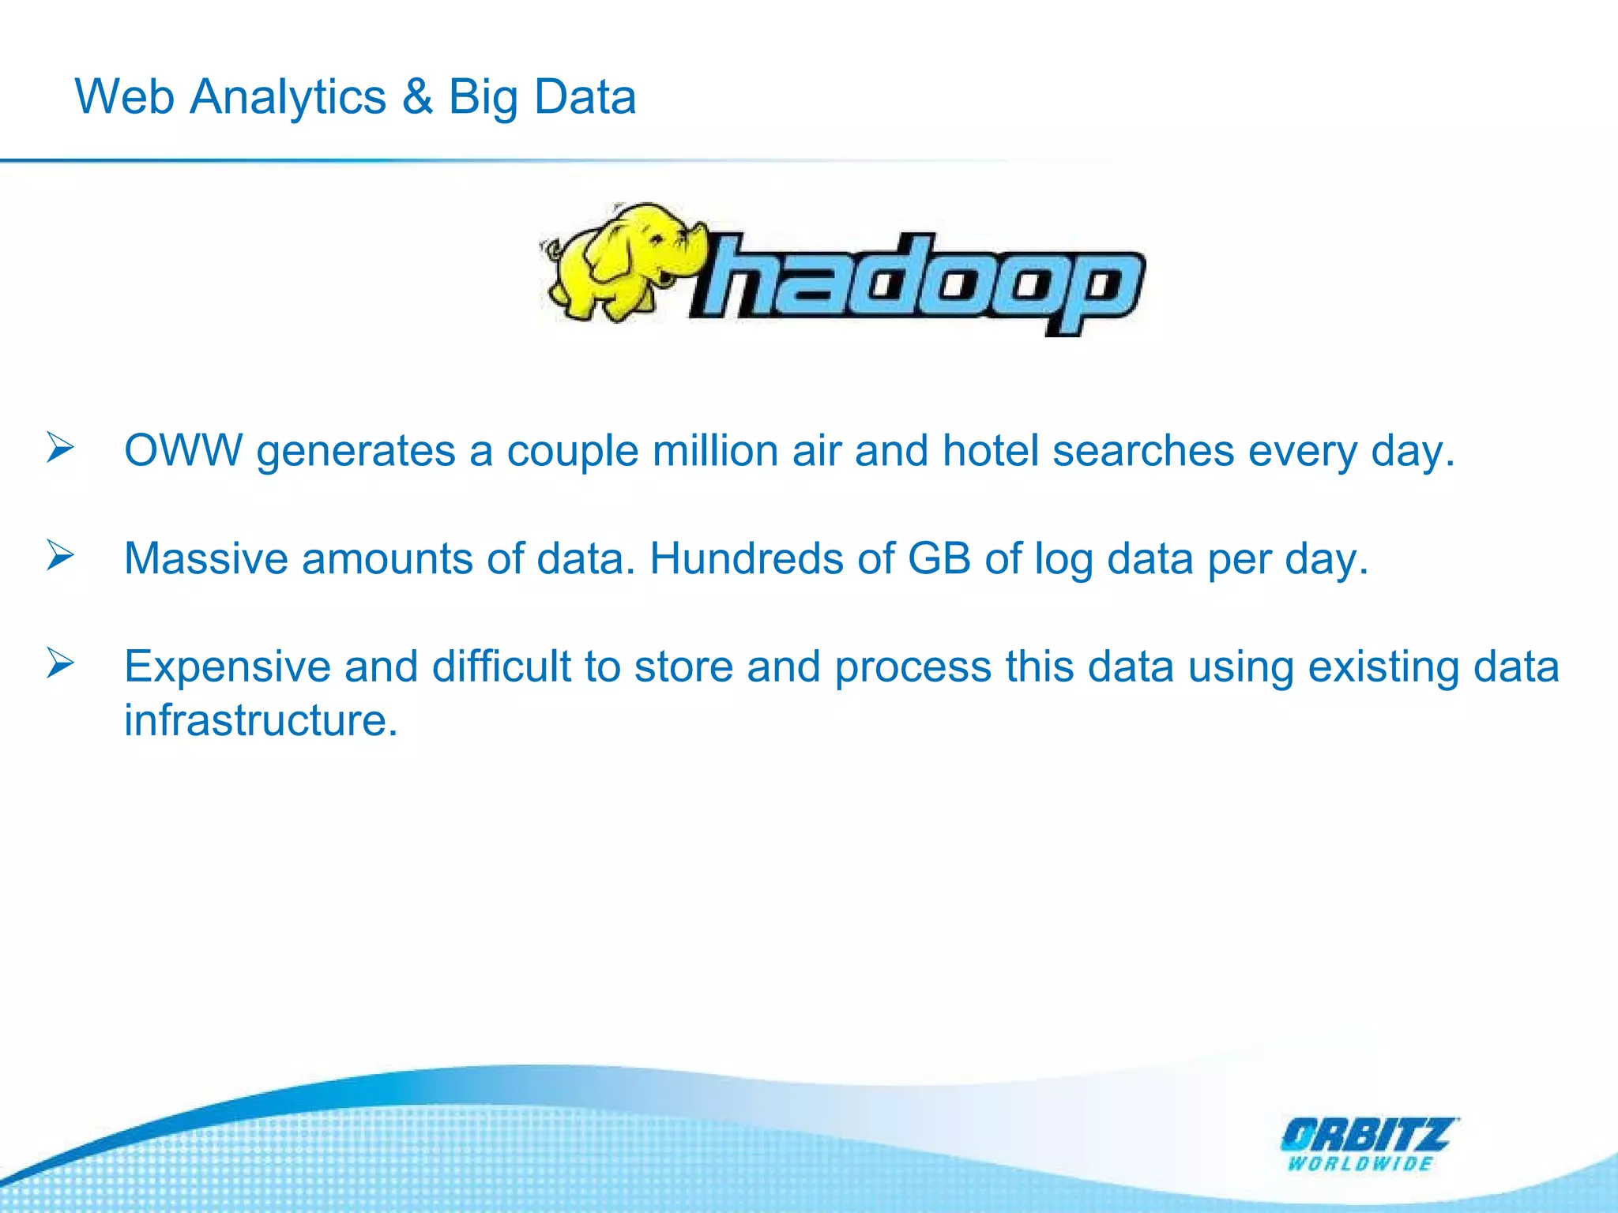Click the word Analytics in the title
click(x=288, y=97)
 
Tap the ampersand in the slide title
click(x=417, y=97)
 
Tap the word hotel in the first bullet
click(x=991, y=451)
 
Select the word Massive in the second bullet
click(x=206, y=558)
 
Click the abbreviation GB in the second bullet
click(x=939, y=558)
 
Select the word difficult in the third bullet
click(x=501, y=667)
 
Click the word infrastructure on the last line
click(x=261, y=720)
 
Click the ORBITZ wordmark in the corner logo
click(x=1367, y=1136)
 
